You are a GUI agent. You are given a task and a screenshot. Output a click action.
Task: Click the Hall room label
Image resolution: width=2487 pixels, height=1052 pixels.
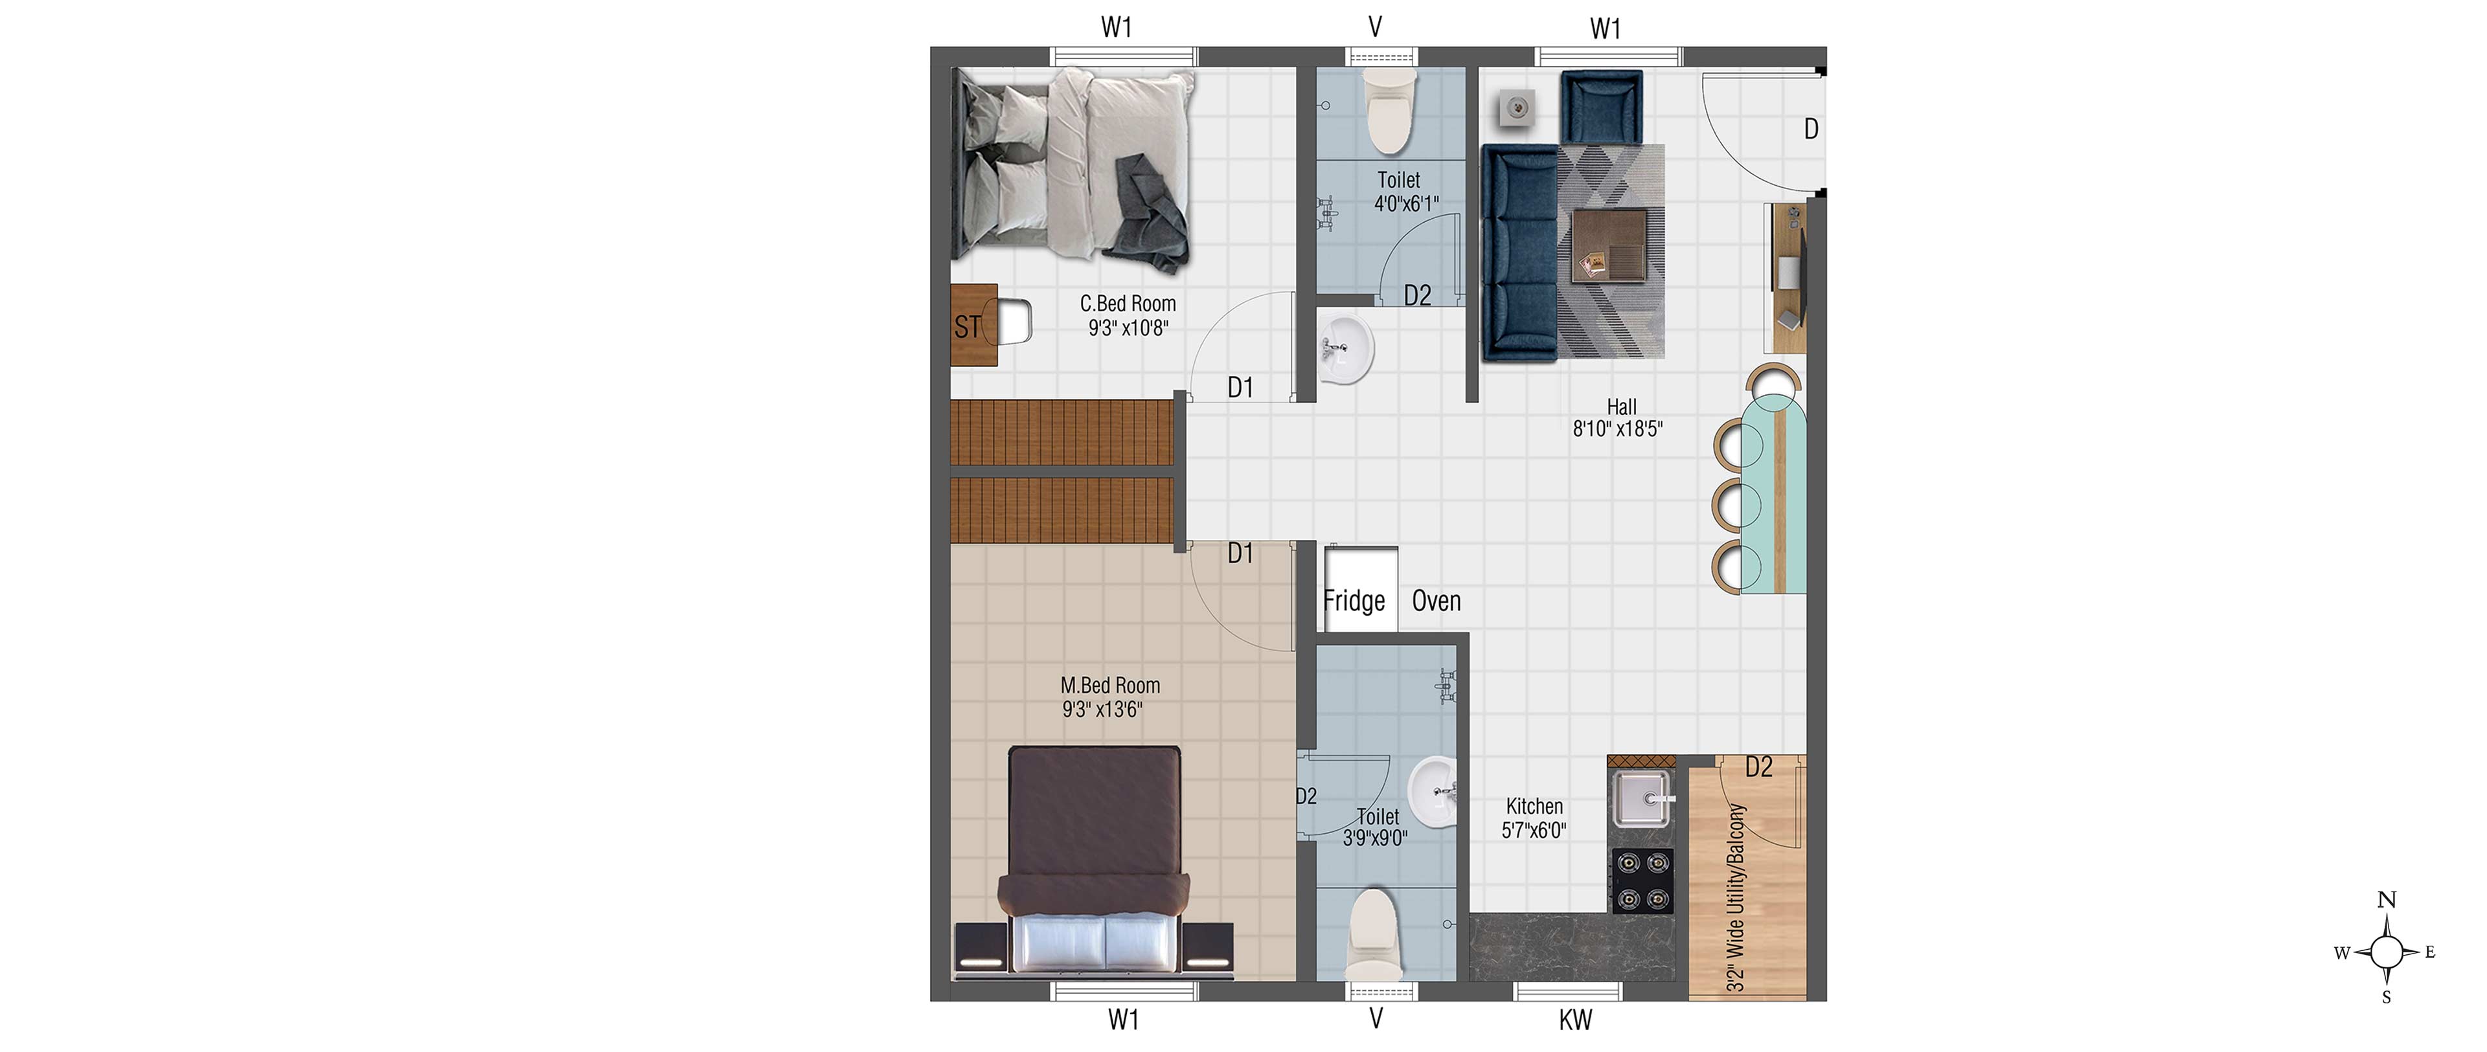(x=1621, y=407)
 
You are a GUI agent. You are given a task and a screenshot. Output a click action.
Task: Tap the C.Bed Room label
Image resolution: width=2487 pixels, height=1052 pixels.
(x=1128, y=304)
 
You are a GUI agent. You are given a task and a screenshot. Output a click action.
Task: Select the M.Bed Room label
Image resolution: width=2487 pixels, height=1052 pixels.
(x=1110, y=685)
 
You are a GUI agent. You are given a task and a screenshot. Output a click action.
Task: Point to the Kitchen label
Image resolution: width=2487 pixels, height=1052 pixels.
(x=1534, y=806)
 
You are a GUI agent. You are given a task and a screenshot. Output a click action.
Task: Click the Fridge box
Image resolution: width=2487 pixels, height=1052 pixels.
(x=1360, y=590)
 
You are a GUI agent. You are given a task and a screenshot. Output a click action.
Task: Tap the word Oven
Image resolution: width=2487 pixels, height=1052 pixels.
(x=1437, y=601)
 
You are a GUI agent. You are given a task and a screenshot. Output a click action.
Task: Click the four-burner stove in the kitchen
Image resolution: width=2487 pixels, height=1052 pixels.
(x=1642, y=880)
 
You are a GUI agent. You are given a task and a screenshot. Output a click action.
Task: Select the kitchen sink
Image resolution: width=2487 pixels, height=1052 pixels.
(x=1641, y=799)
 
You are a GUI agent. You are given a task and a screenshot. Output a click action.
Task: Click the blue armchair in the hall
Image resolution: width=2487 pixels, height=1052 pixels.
(x=1601, y=108)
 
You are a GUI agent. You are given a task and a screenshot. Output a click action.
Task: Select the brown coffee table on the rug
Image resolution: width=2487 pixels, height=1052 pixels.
(x=1609, y=245)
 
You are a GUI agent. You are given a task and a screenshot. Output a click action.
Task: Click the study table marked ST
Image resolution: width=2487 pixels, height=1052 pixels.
(x=974, y=325)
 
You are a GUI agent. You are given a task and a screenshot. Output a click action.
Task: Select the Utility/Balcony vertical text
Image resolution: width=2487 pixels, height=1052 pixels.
(x=1736, y=897)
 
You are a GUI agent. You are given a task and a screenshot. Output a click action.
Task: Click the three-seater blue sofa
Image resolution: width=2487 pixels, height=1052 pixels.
(x=1519, y=253)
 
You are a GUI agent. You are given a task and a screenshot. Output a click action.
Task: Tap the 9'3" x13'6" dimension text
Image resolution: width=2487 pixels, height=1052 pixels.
(x=1102, y=710)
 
